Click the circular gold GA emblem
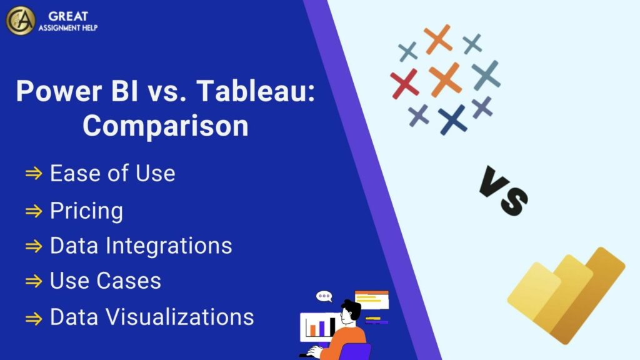21,20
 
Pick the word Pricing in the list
86,211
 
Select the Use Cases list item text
105,281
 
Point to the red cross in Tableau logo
404,84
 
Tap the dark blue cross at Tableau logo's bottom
452,119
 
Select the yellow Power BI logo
566,294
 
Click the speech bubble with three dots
324,296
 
